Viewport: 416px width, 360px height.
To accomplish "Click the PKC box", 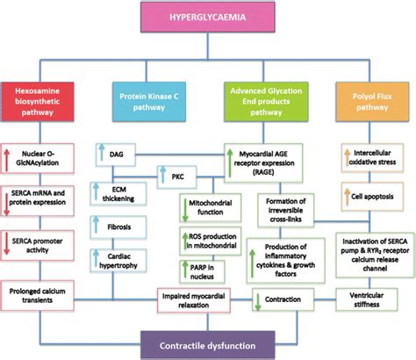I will click(x=176, y=176).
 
